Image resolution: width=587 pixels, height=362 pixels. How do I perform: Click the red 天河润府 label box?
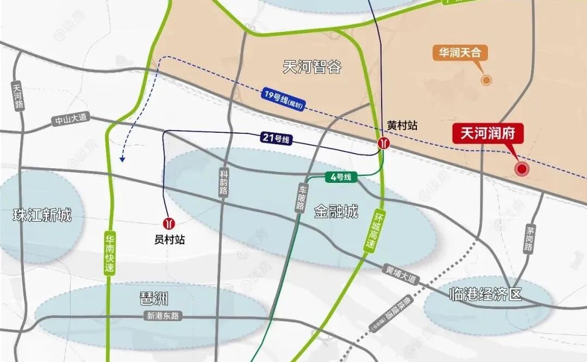(x=488, y=133)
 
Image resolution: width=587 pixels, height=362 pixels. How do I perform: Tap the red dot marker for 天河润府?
(x=522, y=169)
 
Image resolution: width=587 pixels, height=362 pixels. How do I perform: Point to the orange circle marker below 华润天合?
(x=486, y=80)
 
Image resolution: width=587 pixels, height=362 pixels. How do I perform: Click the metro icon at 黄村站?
(x=384, y=143)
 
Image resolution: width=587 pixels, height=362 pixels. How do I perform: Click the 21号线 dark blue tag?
(x=278, y=139)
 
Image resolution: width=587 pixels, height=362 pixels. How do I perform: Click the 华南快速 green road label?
(x=110, y=253)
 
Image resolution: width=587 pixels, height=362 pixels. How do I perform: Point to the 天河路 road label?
(x=18, y=96)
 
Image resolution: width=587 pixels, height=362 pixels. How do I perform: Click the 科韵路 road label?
(x=224, y=182)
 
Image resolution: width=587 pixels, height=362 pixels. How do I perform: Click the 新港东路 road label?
(x=162, y=315)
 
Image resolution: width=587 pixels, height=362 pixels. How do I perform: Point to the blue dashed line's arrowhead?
(x=123, y=159)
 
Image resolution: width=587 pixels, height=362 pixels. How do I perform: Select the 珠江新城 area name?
(x=42, y=215)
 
